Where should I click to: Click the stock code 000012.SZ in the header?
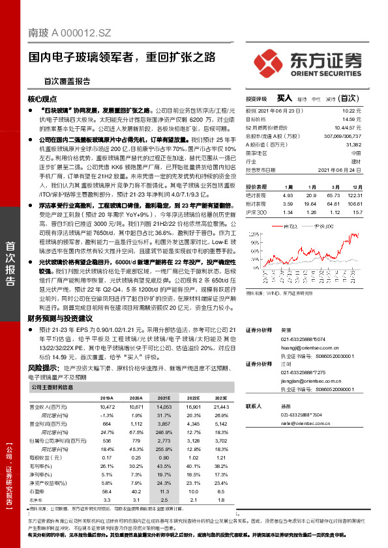[x=87, y=31]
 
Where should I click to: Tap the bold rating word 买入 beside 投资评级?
[x=284, y=98]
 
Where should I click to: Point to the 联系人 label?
[x=254, y=405]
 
